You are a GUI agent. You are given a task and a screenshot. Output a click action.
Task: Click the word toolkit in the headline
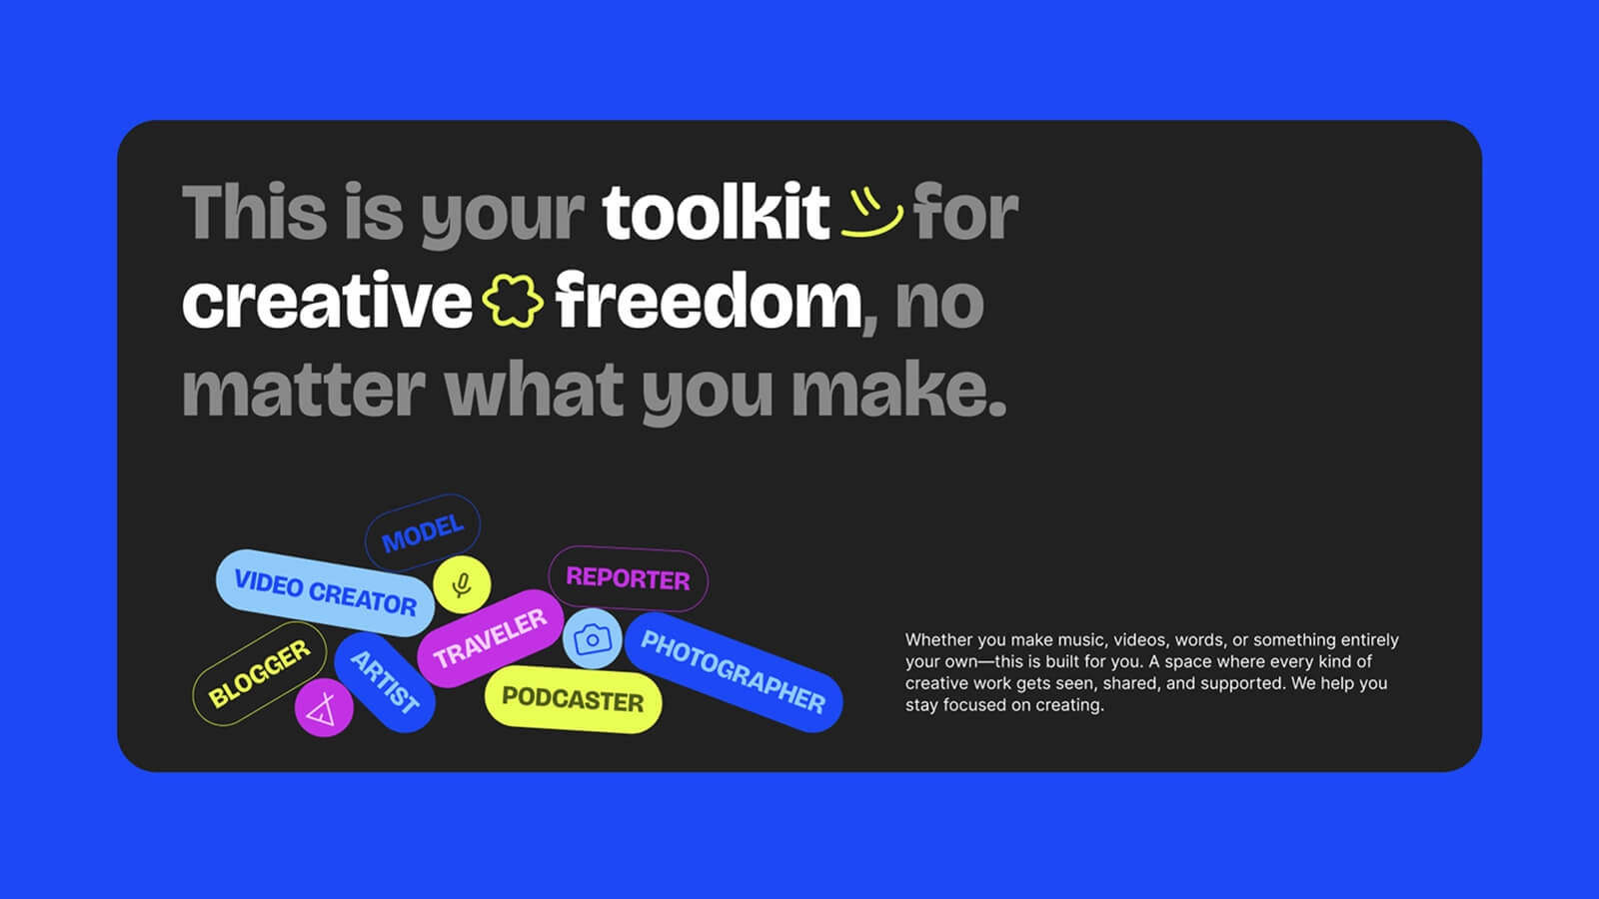[716, 212]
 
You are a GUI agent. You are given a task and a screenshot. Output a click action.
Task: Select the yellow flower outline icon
[513, 301]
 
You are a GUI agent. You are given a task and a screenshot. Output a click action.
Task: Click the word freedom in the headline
[709, 301]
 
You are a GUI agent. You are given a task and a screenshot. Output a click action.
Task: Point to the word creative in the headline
[327, 301]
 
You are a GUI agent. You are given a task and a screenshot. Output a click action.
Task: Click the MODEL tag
[423, 532]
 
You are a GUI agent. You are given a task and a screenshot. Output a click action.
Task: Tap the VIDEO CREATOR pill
[325, 593]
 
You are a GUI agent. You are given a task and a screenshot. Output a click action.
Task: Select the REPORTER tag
[629, 578]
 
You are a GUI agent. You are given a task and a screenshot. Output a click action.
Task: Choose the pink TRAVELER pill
[490, 638]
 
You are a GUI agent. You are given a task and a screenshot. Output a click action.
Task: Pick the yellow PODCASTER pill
[573, 699]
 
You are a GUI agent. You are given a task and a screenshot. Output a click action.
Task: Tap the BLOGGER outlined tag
[260, 673]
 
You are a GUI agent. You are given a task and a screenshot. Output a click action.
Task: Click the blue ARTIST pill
[385, 682]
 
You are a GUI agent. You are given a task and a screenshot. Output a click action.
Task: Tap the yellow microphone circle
[462, 584]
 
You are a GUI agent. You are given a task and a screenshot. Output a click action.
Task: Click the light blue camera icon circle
[592, 638]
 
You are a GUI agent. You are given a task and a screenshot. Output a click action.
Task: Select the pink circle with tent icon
[324, 708]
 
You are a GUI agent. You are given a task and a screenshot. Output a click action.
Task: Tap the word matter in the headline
[304, 391]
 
